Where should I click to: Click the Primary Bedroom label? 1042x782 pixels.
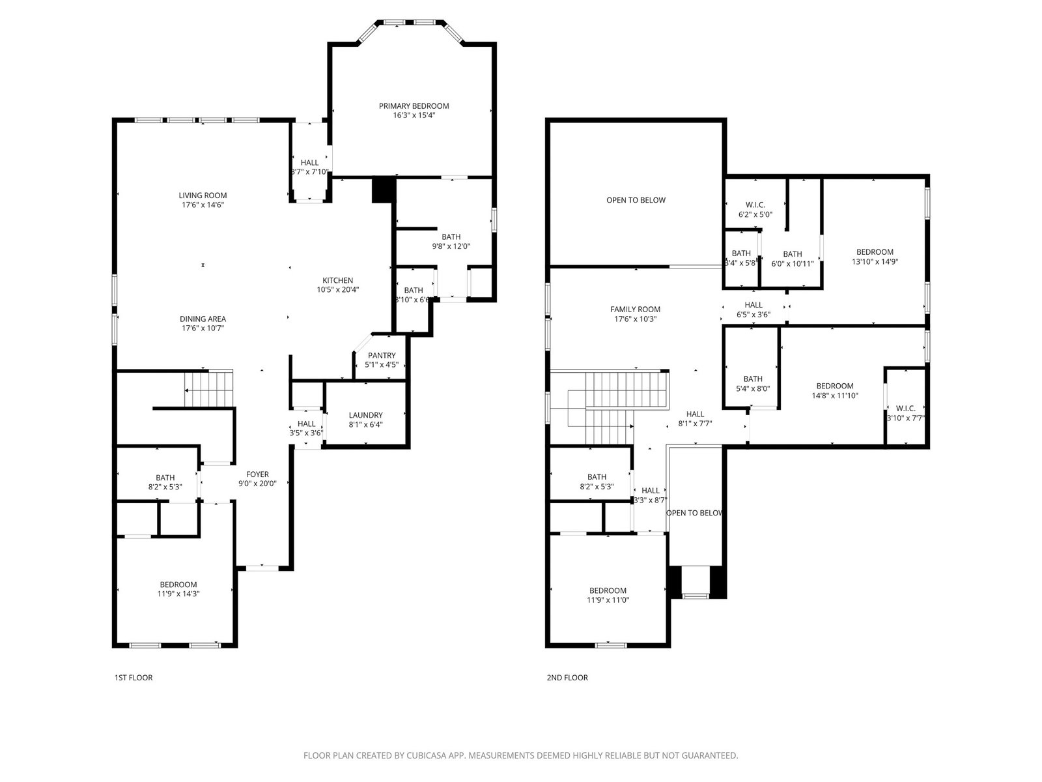[x=414, y=110]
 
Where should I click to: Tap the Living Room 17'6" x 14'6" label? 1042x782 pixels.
[x=203, y=200]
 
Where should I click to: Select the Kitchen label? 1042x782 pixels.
[x=337, y=285]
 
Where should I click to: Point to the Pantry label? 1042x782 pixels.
[x=382, y=360]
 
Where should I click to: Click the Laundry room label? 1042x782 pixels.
[x=365, y=420]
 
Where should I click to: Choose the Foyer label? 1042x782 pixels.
[x=257, y=478]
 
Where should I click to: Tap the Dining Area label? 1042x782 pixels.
[x=203, y=323]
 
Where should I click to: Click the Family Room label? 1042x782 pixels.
[x=635, y=314]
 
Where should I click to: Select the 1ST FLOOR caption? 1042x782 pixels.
[x=134, y=678]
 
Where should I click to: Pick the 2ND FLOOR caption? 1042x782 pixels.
[x=567, y=678]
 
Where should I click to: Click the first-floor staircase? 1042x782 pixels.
[x=209, y=388]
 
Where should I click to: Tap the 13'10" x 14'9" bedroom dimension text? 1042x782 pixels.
[x=875, y=261]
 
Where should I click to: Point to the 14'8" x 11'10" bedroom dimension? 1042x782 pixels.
[x=834, y=395]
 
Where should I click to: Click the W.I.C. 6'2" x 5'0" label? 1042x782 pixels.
[x=755, y=209]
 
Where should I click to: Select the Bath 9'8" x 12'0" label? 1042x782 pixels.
[x=451, y=241]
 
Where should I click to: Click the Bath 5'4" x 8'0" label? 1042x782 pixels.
[x=753, y=383]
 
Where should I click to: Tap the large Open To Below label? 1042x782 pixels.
[x=636, y=200]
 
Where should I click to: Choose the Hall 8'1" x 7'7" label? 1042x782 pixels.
[x=695, y=419]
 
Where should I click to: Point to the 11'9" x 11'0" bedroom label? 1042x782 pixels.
[x=608, y=595]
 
